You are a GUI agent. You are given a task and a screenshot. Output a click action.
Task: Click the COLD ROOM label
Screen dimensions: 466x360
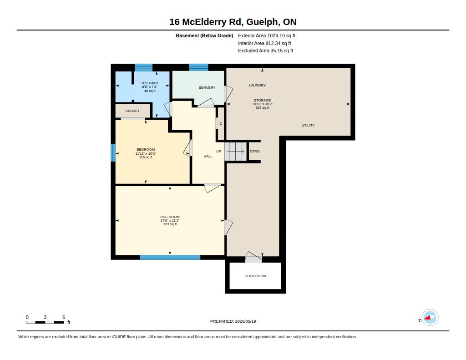click(x=255, y=276)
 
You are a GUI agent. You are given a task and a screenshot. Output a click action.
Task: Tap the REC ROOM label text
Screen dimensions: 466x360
click(x=170, y=217)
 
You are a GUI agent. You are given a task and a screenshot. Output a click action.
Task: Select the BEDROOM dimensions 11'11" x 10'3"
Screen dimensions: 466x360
click(x=146, y=153)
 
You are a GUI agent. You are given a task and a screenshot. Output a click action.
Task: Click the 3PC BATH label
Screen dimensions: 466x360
click(x=149, y=83)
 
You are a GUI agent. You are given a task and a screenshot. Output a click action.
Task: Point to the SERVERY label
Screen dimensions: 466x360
click(x=207, y=87)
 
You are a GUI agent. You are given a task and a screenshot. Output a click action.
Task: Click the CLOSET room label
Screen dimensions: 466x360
click(x=132, y=111)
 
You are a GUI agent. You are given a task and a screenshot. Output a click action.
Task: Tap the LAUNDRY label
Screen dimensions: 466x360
click(x=258, y=85)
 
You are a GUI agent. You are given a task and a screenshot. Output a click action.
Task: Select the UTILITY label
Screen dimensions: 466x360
click(x=308, y=125)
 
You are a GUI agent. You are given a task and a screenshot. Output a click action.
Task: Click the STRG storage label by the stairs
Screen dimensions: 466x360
click(x=255, y=151)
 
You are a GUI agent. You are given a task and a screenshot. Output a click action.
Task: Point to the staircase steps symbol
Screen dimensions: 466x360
click(x=235, y=151)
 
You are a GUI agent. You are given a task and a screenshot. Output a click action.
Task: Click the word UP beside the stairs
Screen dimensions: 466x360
click(x=218, y=151)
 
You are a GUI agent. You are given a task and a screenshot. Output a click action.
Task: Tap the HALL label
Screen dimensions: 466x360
click(x=208, y=156)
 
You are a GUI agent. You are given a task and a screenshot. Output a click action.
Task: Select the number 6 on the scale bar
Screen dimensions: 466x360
click(x=64, y=317)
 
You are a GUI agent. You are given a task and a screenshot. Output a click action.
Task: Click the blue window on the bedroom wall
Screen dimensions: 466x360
click(x=113, y=152)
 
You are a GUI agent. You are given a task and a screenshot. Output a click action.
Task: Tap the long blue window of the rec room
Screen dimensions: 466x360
click(x=170, y=257)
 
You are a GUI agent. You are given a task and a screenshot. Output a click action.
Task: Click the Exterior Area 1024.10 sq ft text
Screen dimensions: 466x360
click(x=267, y=35)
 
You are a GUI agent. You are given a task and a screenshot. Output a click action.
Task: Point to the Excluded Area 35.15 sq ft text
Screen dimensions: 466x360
click(x=265, y=51)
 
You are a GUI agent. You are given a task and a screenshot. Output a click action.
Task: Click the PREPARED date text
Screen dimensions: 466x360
click(x=233, y=321)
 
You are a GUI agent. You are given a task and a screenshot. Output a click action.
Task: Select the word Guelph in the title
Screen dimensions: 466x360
click(x=263, y=22)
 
